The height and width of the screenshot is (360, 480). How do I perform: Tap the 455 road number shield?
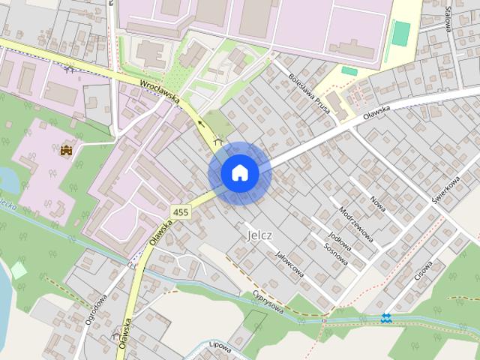click(180, 213)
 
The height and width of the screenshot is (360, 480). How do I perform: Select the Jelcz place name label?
click(259, 235)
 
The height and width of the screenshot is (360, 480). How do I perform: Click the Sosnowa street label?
click(335, 253)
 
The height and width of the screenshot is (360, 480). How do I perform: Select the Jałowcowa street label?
click(289, 265)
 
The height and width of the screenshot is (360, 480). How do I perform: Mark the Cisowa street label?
click(425, 268)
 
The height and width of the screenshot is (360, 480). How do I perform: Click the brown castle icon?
click(66, 149)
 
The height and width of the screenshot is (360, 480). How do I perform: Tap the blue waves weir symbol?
click(385, 318)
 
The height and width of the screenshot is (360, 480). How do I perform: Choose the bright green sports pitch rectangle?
click(403, 33)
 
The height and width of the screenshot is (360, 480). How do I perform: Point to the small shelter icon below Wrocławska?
click(218, 139)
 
